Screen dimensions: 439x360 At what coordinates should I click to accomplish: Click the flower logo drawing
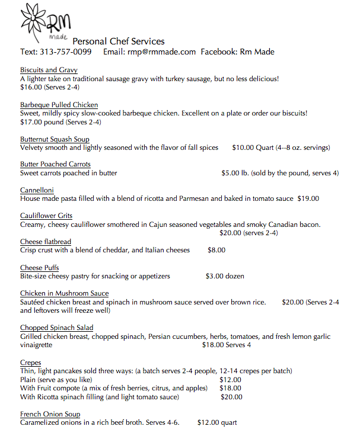point(36,23)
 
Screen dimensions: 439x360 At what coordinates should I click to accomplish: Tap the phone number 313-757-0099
point(65,52)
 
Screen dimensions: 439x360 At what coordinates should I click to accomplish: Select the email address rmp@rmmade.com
point(161,52)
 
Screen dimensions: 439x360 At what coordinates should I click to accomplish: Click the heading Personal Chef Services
point(119,41)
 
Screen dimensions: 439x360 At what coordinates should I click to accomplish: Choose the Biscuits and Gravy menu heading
point(49,70)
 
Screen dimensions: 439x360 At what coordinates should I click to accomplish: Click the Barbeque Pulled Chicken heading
point(59,105)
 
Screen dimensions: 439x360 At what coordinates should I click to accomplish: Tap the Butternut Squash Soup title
point(55,139)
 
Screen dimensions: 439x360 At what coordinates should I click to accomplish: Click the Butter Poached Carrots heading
point(55,164)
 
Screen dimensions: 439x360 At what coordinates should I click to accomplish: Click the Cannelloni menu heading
point(38,190)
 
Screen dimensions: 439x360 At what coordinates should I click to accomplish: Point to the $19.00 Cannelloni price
point(308,198)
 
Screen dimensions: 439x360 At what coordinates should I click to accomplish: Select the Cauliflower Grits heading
point(46,216)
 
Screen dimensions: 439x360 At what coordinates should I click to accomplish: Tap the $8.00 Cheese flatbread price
point(216,250)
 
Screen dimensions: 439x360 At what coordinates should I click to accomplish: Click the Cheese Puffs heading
point(39,268)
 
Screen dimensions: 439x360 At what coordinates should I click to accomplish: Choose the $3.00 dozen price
point(225,276)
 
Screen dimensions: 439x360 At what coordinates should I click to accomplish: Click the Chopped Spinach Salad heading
point(57,328)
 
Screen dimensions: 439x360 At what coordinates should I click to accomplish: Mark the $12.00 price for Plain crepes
point(231,379)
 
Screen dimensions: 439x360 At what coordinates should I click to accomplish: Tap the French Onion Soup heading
point(50,414)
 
